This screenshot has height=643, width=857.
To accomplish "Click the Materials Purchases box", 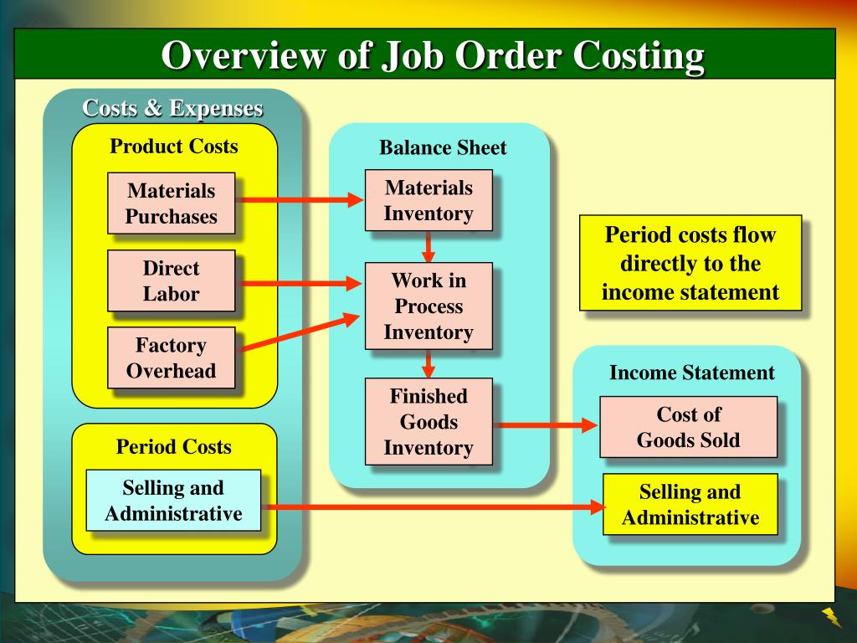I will [172, 203].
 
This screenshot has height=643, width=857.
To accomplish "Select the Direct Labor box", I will [172, 281].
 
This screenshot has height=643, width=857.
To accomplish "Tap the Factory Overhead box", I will [172, 358].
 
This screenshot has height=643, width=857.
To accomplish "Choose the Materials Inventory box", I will [428, 200].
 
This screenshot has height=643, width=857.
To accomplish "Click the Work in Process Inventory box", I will [428, 306].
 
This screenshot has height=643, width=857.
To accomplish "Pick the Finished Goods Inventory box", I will [428, 422].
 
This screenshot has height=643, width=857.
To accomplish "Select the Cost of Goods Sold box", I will [688, 427].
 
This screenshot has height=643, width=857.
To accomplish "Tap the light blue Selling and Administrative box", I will [173, 501].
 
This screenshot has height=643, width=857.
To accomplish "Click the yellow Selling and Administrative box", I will [690, 505].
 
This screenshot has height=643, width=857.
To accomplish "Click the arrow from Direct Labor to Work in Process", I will [300, 284].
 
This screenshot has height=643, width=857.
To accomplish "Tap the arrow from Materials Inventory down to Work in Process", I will [428, 246].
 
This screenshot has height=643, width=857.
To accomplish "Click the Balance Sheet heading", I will [443, 148].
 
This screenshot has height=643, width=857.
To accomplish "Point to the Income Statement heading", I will [692, 373].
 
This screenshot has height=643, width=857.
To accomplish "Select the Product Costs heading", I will [174, 147].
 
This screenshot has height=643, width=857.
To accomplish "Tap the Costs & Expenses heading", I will [172, 108].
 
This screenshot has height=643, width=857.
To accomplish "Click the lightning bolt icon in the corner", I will [832, 618].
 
